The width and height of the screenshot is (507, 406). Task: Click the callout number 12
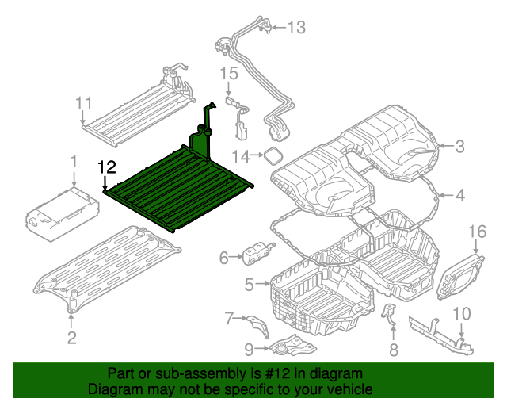tap(106, 167)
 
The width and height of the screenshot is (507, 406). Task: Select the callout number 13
tap(295, 29)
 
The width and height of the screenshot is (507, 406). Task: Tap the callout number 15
tap(228, 74)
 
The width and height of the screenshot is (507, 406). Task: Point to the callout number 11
tap(84, 103)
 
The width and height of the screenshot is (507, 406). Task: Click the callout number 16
tap(476, 231)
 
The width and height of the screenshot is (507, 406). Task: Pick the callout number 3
tap(459, 145)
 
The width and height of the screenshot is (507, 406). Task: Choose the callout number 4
tap(459, 194)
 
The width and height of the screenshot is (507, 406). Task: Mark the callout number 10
tap(461, 312)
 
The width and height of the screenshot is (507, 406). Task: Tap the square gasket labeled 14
tap(273, 154)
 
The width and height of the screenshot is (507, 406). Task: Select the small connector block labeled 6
tap(257, 255)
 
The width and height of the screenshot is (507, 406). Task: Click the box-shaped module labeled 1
tap(63, 213)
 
